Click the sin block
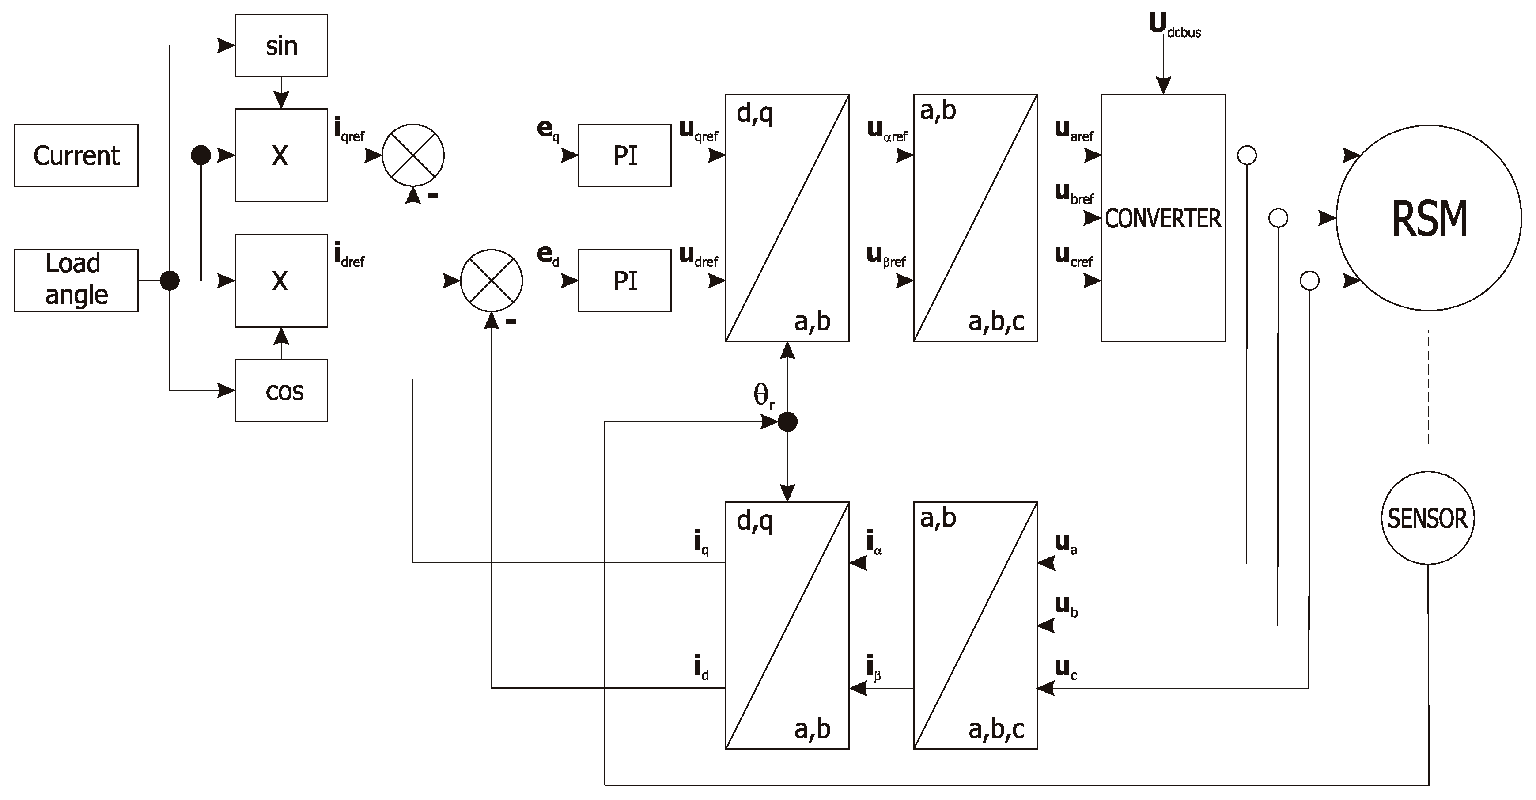[281, 45]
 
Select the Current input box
[76, 155]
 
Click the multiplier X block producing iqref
[281, 155]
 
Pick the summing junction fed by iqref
[412, 155]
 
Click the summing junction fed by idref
[492, 281]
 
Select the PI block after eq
[624, 155]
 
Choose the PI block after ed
[624, 281]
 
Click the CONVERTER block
[1163, 218]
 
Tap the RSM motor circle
[1429, 218]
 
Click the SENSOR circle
[1427, 518]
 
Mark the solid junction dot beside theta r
[788, 422]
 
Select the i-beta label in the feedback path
[874, 667]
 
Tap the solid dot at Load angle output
[170, 281]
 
